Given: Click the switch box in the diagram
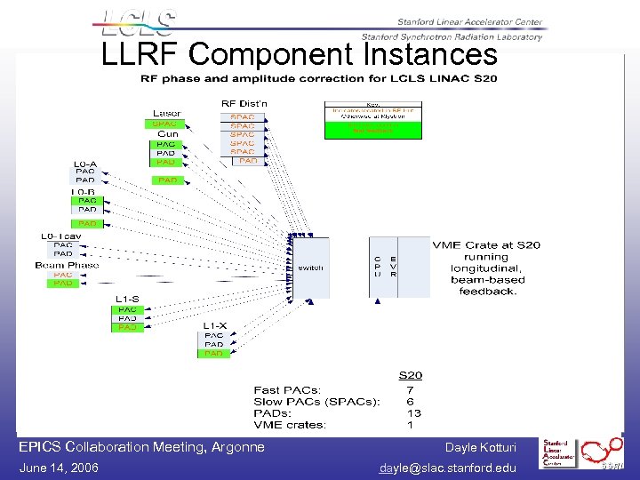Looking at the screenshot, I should [310, 268].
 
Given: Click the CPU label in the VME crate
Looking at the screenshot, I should [378, 266].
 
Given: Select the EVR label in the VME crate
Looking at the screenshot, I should [393, 266].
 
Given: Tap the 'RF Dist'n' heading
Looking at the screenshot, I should [244, 104].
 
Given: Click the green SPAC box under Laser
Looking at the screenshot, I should [165, 124].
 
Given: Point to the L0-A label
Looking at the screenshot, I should [85, 163].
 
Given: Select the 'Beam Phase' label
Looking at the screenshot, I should [68, 265].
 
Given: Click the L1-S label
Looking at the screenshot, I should [127, 299].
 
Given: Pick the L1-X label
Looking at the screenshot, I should [215, 325].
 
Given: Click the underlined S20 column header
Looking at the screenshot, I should [410, 375].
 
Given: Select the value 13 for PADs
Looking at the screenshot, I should [413, 412].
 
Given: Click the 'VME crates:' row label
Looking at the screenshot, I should [290, 425].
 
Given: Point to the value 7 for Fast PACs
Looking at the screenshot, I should [410, 389].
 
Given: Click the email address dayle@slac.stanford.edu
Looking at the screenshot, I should [447, 468].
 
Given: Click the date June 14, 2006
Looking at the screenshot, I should [59, 468].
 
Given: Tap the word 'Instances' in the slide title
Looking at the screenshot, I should [430, 55].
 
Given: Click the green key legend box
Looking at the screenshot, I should [373, 129].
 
